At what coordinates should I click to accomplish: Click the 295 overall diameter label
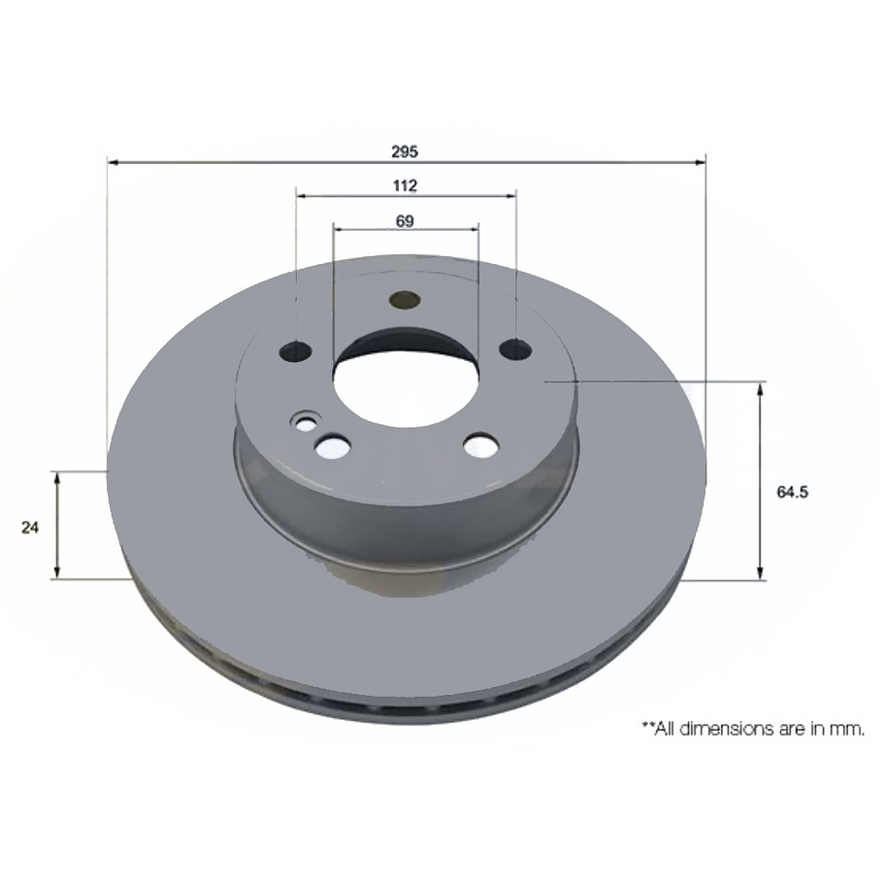tap(405, 150)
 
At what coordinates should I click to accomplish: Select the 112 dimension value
tap(405, 185)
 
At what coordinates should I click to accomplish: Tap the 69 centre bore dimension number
tap(405, 221)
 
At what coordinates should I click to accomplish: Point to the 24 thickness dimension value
tap(29, 527)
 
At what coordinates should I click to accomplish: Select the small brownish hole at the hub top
tap(403, 300)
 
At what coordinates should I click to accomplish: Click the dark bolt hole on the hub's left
tap(295, 351)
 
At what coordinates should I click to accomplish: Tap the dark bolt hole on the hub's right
tap(516, 348)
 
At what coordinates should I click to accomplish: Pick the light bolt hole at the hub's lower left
tap(333, 447)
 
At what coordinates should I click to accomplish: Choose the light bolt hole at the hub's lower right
tap(479, 445)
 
